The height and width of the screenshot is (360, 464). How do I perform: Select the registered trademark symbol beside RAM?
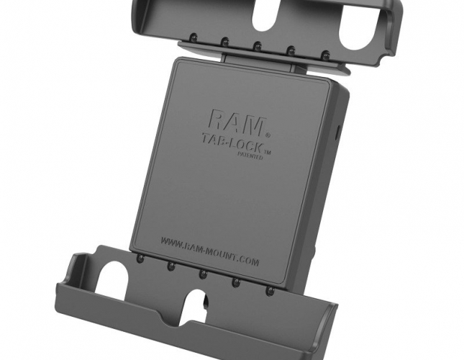268,135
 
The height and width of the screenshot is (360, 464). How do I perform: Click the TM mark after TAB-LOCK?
267,152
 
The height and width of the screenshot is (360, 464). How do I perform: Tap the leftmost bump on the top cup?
193,37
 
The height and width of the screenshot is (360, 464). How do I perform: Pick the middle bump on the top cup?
258,45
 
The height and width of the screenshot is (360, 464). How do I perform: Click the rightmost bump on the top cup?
326,55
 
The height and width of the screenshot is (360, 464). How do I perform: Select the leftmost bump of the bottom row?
140,258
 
